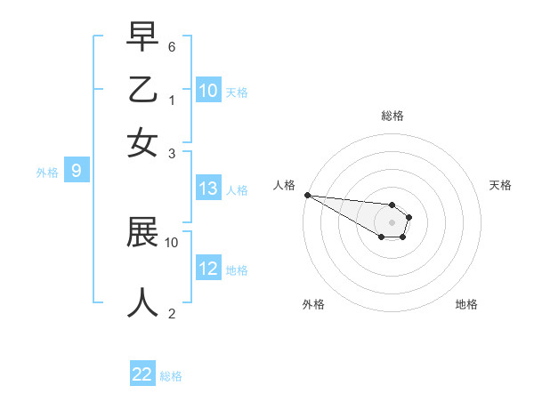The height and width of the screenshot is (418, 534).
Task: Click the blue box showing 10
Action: point(208,91)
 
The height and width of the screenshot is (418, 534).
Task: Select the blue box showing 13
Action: point(208,189)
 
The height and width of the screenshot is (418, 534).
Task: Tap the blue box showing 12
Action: point(208,269)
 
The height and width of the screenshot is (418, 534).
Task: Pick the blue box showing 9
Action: point(77,171)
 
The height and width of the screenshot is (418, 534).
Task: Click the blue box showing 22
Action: point(142,374)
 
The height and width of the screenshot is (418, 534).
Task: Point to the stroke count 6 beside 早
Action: point(172,44)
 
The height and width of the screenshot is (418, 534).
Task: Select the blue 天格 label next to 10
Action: point(237,92)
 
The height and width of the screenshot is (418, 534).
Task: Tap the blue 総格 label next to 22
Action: point(171,376)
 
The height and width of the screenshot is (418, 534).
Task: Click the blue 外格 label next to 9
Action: point(47,173)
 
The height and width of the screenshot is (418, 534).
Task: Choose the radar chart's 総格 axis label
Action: point(392,116)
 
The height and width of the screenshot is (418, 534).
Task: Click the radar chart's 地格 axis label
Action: point(466,304)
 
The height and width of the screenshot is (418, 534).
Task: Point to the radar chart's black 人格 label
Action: point(285,185)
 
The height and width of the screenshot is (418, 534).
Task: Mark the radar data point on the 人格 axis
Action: point(307,195)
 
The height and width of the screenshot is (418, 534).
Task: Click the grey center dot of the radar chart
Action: point(392,222)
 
